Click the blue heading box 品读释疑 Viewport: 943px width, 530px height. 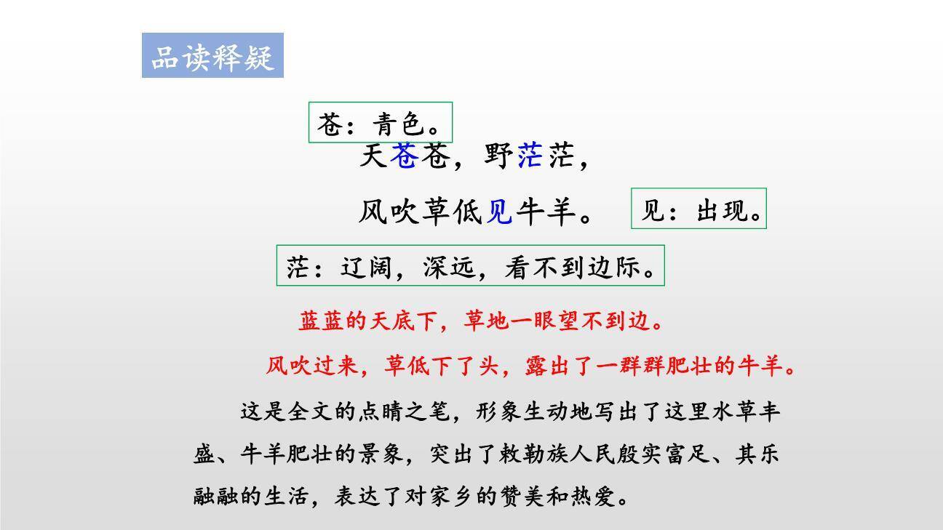pyautogui.click(x=212, y=56)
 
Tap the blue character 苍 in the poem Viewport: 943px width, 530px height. pyautogui.click(x=403, y=156)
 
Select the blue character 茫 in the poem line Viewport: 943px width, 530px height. pyautogui.click(x=530, y=156)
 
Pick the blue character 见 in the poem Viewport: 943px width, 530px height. pyautogui.click(x=499, y=212)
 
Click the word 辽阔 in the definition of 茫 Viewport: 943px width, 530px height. pyautogui.click(x=368, y=268)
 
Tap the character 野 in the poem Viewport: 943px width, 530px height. pyautogui.click(x=498, y=156)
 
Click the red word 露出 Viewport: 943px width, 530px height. pyautogui.click(x=546, y=365)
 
